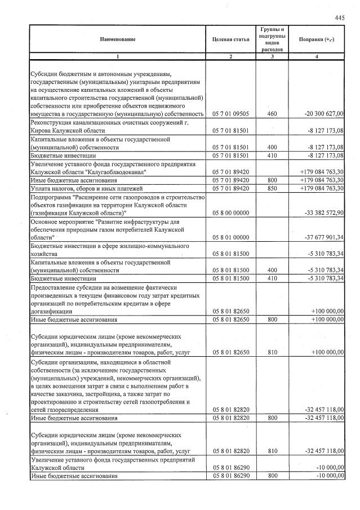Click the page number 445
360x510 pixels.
click(339, 17)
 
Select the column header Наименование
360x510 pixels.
click(118, 39)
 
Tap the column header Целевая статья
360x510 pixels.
click(230, 39)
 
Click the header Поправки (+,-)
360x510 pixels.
click(319, 39)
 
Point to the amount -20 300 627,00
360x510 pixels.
click(324, 114)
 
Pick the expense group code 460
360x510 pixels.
click(272, 114)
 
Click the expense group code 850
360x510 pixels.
click(272, 188)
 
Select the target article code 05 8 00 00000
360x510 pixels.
click(231, 212)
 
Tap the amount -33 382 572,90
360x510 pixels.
click(324, 212)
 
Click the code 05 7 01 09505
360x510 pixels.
click(231, 114)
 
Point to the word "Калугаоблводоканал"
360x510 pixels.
click(117, 171)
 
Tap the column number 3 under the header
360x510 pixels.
click(272, 56)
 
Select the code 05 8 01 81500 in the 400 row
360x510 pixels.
click(231, 270)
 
